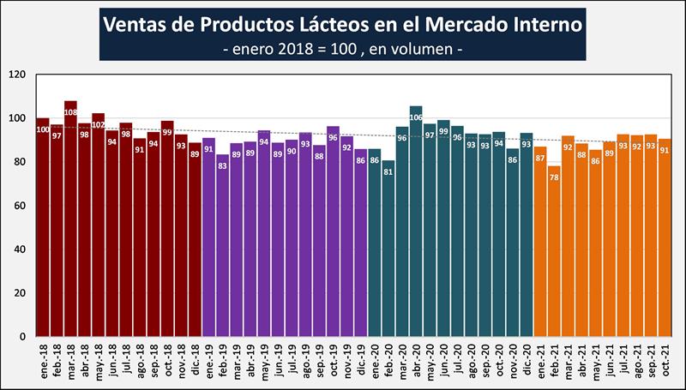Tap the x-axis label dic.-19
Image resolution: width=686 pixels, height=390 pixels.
click(362, 359)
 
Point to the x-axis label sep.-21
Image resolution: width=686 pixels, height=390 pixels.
click(651, 359)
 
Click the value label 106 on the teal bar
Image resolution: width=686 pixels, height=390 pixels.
click(416, 119)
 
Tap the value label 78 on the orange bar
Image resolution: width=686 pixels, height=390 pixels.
click(554, 177)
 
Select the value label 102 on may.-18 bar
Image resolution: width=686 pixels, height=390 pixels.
click(98, 126)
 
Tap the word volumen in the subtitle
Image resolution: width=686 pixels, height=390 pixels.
click(420, 49)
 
